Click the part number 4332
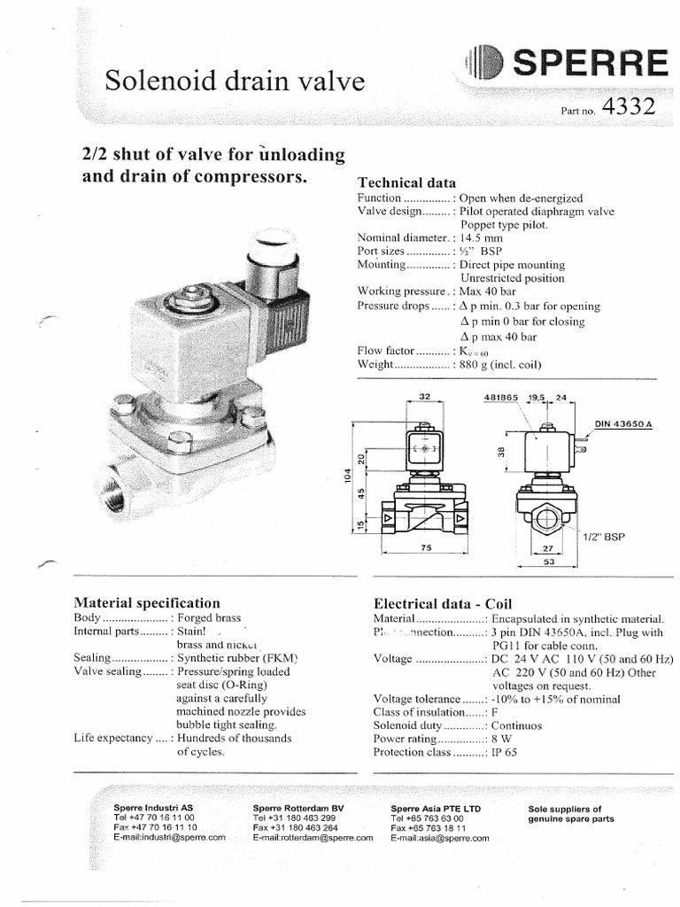[x=628, y=107]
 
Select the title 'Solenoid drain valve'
[x=235, y=82]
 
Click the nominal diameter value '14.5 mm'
[x=481, y=237]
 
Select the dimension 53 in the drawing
[x=549, y=561]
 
